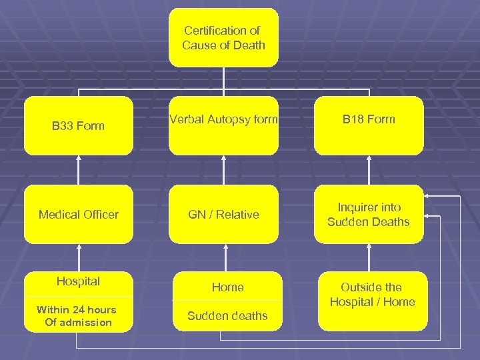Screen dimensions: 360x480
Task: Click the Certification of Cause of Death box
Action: pos(223,37)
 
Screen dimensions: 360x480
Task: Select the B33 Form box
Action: pos(79,126)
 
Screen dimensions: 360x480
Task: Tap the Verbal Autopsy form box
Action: pos(223,126)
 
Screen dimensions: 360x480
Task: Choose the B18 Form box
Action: pos(369,126)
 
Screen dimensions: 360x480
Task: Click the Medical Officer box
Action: pos(79,214)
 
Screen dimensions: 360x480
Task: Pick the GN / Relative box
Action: pos(223,214)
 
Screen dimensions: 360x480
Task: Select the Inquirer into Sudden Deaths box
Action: pos(369,214)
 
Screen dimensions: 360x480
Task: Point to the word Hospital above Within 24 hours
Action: pos(79,281)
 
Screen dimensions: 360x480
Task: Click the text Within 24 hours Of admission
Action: pos(76,316)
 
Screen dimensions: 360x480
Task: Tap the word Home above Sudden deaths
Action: pos(227,287)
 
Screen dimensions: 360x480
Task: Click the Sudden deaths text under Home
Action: pos(227,316)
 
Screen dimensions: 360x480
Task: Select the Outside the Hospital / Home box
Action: pos(371,300)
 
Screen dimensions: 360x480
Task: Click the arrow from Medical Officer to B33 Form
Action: pos(79,170)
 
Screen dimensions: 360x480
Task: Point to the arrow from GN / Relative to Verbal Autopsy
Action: pos(223,170)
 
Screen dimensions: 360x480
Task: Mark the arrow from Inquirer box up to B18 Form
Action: pos(369,170)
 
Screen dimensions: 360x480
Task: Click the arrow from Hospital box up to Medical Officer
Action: pos(79,257)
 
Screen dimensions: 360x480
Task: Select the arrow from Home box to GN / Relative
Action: pos(225,257)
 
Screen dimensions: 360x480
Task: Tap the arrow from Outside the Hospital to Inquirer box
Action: pos(369,257)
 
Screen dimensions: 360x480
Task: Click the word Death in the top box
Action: pos(248,45)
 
